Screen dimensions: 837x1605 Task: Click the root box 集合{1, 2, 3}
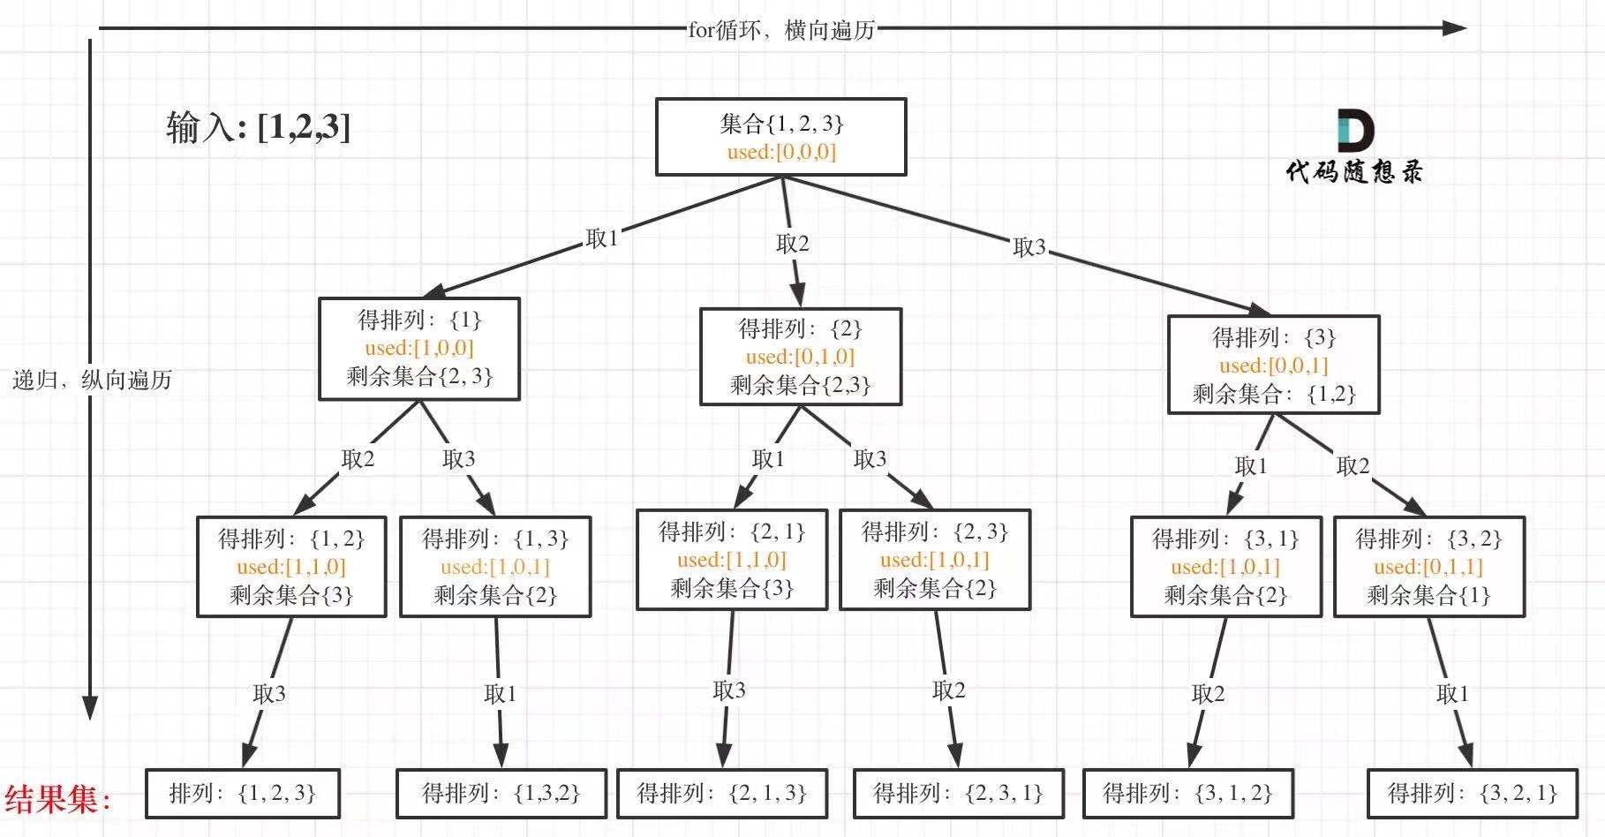780,136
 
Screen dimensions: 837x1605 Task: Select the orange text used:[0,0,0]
781,152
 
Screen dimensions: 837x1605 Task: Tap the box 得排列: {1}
418,348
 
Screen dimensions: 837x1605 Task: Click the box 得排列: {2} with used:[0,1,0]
800,357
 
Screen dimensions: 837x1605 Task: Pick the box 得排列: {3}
1273,365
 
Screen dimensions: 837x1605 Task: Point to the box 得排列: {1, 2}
291,566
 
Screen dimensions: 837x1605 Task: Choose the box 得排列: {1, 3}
494,566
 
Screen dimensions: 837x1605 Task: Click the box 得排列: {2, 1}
731,560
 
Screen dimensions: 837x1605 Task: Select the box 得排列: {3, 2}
1428,566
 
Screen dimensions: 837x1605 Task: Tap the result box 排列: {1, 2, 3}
242,793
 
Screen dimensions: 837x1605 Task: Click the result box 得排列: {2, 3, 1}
958,793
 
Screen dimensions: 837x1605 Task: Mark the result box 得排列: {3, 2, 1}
1473,793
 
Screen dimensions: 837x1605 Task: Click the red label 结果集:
58,799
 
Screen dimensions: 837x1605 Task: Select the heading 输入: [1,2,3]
258,127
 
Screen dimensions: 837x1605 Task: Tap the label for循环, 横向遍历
781,30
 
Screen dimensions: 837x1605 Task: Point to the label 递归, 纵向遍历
92,380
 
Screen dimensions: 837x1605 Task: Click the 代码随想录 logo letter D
1355,131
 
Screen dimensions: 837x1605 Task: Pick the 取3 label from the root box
1029,247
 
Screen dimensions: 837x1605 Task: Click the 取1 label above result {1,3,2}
500,694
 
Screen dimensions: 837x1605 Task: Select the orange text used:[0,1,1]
1428,567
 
